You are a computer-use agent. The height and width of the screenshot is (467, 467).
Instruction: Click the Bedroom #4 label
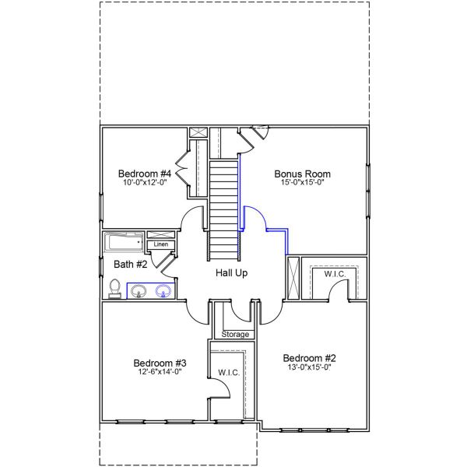(x=144, y=174)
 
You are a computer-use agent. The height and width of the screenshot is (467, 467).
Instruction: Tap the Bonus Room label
(x=303, y=174)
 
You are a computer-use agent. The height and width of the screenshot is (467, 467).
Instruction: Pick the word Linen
(x=161, y=244)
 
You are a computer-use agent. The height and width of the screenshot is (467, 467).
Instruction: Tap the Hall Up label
(x=232, y=273)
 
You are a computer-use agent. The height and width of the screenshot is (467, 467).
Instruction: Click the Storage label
(x=236, y=334)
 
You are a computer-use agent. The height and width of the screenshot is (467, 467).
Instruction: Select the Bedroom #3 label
(x=160, y=363)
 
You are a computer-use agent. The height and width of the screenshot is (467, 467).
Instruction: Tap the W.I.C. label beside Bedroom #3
(x=229, y=373)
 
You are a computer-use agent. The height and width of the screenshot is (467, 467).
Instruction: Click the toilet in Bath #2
(x=114, y=289)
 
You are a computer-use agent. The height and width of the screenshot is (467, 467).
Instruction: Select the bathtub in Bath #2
(x=124, y=242)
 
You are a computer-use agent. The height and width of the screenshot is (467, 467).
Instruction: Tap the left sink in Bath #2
(x=139, y=291)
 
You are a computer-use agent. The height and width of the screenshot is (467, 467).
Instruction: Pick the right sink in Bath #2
(x=163, y=291)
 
